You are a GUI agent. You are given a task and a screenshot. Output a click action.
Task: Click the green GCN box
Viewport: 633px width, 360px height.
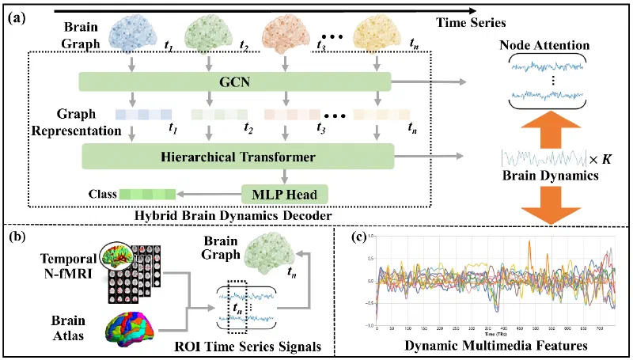click(235, 81)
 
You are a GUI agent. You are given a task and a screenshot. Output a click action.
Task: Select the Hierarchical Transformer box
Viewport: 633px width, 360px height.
click(237, 157)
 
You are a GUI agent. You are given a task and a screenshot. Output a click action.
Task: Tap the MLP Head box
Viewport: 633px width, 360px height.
click(284, 192)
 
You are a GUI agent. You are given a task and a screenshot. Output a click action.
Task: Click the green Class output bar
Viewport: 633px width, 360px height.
click(146, 192)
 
